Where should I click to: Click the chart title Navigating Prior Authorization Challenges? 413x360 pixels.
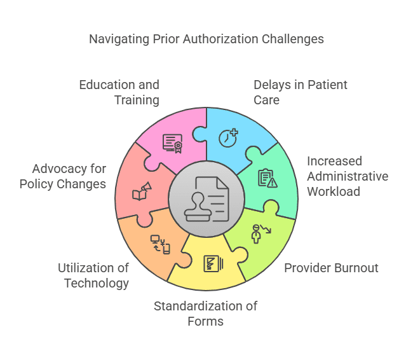(206, 39)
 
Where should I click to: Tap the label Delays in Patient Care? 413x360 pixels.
(300, 92)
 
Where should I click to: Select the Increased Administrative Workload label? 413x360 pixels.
(347, 176)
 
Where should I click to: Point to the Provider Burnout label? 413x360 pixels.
(331, 268)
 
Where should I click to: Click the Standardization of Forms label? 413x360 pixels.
(205, 314)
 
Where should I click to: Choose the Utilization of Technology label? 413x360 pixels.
(93, 275)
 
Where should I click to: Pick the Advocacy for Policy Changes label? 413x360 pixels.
(63, 177)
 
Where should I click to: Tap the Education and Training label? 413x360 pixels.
(119, 92)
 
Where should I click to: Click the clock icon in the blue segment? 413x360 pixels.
(228, 137)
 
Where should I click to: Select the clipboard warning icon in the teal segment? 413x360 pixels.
(267, 178)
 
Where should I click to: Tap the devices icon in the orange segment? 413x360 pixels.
(159, 244)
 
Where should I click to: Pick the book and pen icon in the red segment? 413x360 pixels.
(142, 191)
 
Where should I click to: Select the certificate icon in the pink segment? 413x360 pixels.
(172, 143)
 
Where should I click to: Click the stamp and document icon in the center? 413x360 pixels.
(206, 198)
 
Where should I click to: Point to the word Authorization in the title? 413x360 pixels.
(222, 39)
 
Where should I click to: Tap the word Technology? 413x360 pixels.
(96, 283)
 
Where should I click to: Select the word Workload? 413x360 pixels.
(332, 191)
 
